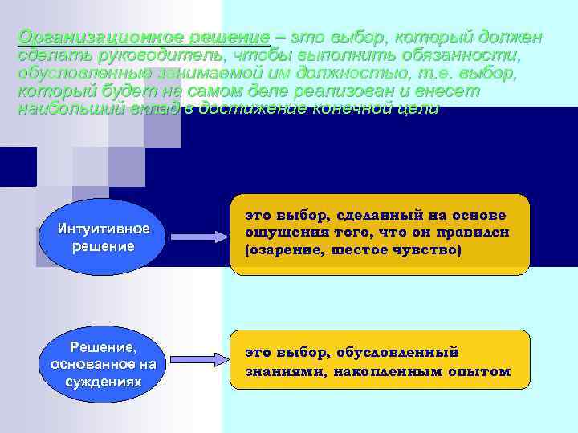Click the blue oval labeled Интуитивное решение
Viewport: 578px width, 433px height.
101,237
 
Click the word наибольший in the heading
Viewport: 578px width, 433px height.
70,110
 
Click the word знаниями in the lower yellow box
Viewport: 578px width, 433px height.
278,370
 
